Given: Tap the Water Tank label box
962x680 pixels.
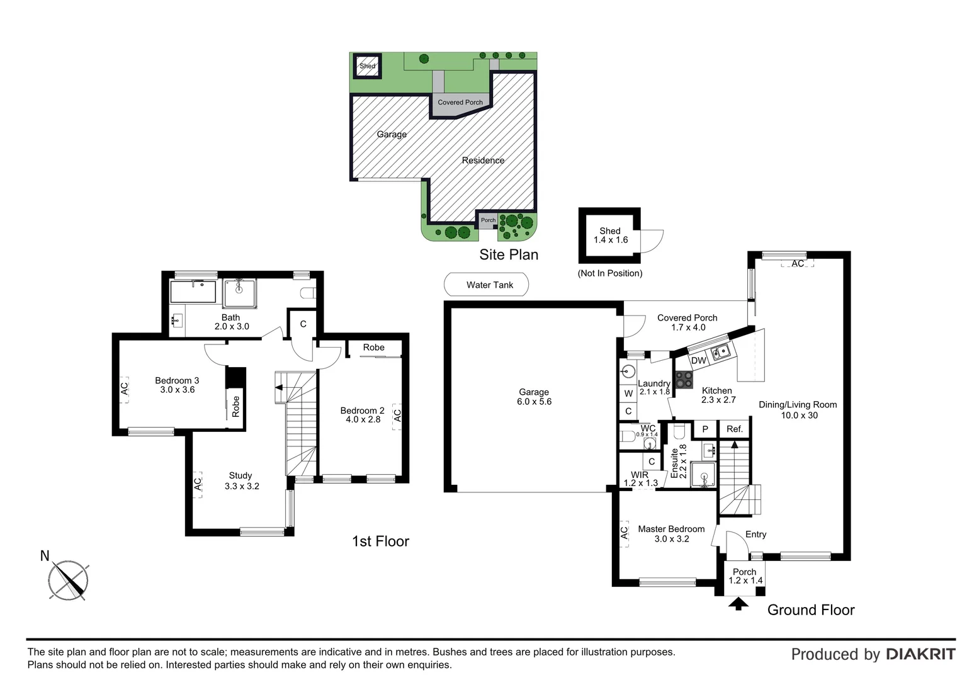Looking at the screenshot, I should click(486, 285).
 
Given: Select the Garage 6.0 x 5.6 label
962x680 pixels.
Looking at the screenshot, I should click(534, 397).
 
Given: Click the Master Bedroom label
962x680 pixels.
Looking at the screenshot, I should click(671, 533).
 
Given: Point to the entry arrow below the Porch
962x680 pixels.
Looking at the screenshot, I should click(738, 604).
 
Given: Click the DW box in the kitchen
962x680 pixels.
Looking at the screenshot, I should click(698, 361).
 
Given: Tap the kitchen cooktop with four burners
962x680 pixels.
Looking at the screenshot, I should click(684, 380).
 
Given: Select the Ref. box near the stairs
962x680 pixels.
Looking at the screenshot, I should click(735, 429).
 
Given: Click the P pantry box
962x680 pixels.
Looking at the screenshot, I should click(705, 429).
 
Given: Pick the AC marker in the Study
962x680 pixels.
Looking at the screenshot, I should click(198, 484).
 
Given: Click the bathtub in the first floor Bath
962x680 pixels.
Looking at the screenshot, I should click(193, 292).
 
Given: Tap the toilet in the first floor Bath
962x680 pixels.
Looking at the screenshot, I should click(307, 293).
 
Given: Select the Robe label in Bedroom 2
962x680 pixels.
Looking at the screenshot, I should click(373, 347).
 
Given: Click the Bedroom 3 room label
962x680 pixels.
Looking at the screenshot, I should click(177, 385).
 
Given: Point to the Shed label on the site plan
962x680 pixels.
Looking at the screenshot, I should click(367, 66).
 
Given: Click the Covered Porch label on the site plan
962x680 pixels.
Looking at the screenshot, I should click(460, 102).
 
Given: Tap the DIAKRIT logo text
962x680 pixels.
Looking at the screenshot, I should click(920, 654).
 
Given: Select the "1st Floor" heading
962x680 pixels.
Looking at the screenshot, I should click(380, 541).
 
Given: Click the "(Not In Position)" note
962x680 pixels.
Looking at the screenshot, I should click(610, 273).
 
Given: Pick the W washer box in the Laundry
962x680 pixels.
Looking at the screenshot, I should click(628, 394).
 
